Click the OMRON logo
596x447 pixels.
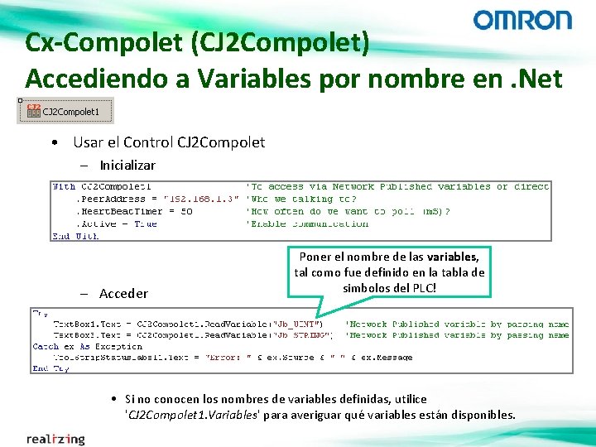click(x=522, y=20)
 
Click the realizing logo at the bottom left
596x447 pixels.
click(x=55, y=438)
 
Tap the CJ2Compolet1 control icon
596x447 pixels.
click(x=34, y=110)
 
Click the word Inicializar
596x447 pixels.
click(x=127, y=166)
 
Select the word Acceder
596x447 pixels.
click(x=123, y=294)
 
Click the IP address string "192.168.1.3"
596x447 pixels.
click(x=201, y=199)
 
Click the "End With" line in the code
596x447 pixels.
click(x=76, y=236)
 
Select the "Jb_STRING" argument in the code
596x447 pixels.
click(x=305, y=335)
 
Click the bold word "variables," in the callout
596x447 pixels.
click(x=449, y=257)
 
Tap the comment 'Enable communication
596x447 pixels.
click(x=307, y=223)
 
